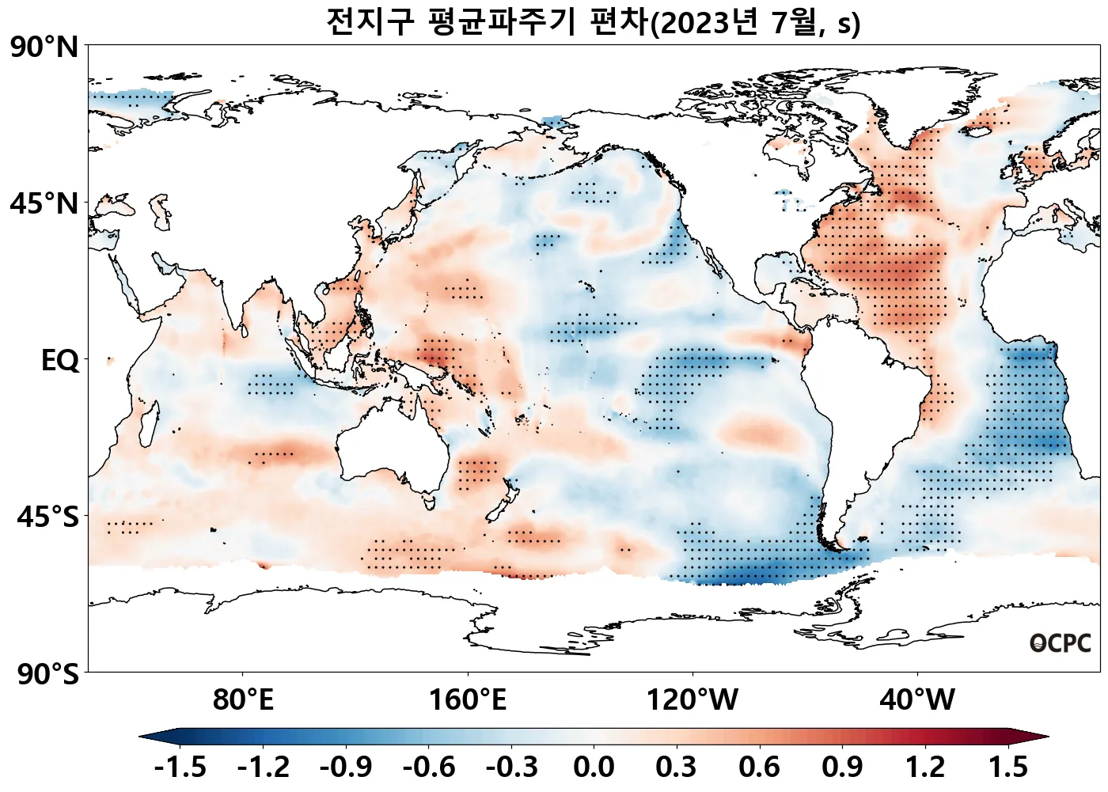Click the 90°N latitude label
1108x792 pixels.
(x=44, y=47)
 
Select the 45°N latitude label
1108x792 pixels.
(x=44, y=204)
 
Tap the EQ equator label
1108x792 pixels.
(x=60, y=361)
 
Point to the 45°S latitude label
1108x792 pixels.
(x=47, y=517)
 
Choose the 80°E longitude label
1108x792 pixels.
(x=243, y=700)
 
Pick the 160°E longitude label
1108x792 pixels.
(x=468, y=700)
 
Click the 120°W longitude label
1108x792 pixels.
(x=692, y=700)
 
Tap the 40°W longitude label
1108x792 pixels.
(x=917, y=700)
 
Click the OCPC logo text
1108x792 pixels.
(x=1061, y=643)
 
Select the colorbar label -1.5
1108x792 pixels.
(x=180, y=767)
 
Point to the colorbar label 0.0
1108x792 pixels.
(x=594, y=767)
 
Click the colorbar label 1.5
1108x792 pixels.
(x=1008, y=767)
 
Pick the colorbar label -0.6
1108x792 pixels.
(x=428, y=767)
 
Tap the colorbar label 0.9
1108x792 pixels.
(x=842, y=767)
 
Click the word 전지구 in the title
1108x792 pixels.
(x=370, y=22)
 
